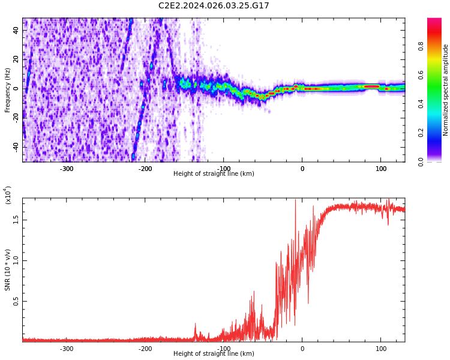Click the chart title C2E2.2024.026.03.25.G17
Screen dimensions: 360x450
point(214,6)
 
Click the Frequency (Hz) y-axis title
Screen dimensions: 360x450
point(8,90)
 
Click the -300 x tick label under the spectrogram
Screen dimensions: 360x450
point(67,169)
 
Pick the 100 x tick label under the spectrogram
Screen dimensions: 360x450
point(381,169)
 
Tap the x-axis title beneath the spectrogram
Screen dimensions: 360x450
point(214,174)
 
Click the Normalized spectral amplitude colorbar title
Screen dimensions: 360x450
point(446,90)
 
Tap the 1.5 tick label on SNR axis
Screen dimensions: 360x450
point(16,220)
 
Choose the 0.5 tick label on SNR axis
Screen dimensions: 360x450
point(16,301)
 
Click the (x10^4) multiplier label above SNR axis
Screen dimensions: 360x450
point(8,195)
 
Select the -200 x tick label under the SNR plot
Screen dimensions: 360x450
point(145,349)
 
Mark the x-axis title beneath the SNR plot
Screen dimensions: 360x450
point(214,354)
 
